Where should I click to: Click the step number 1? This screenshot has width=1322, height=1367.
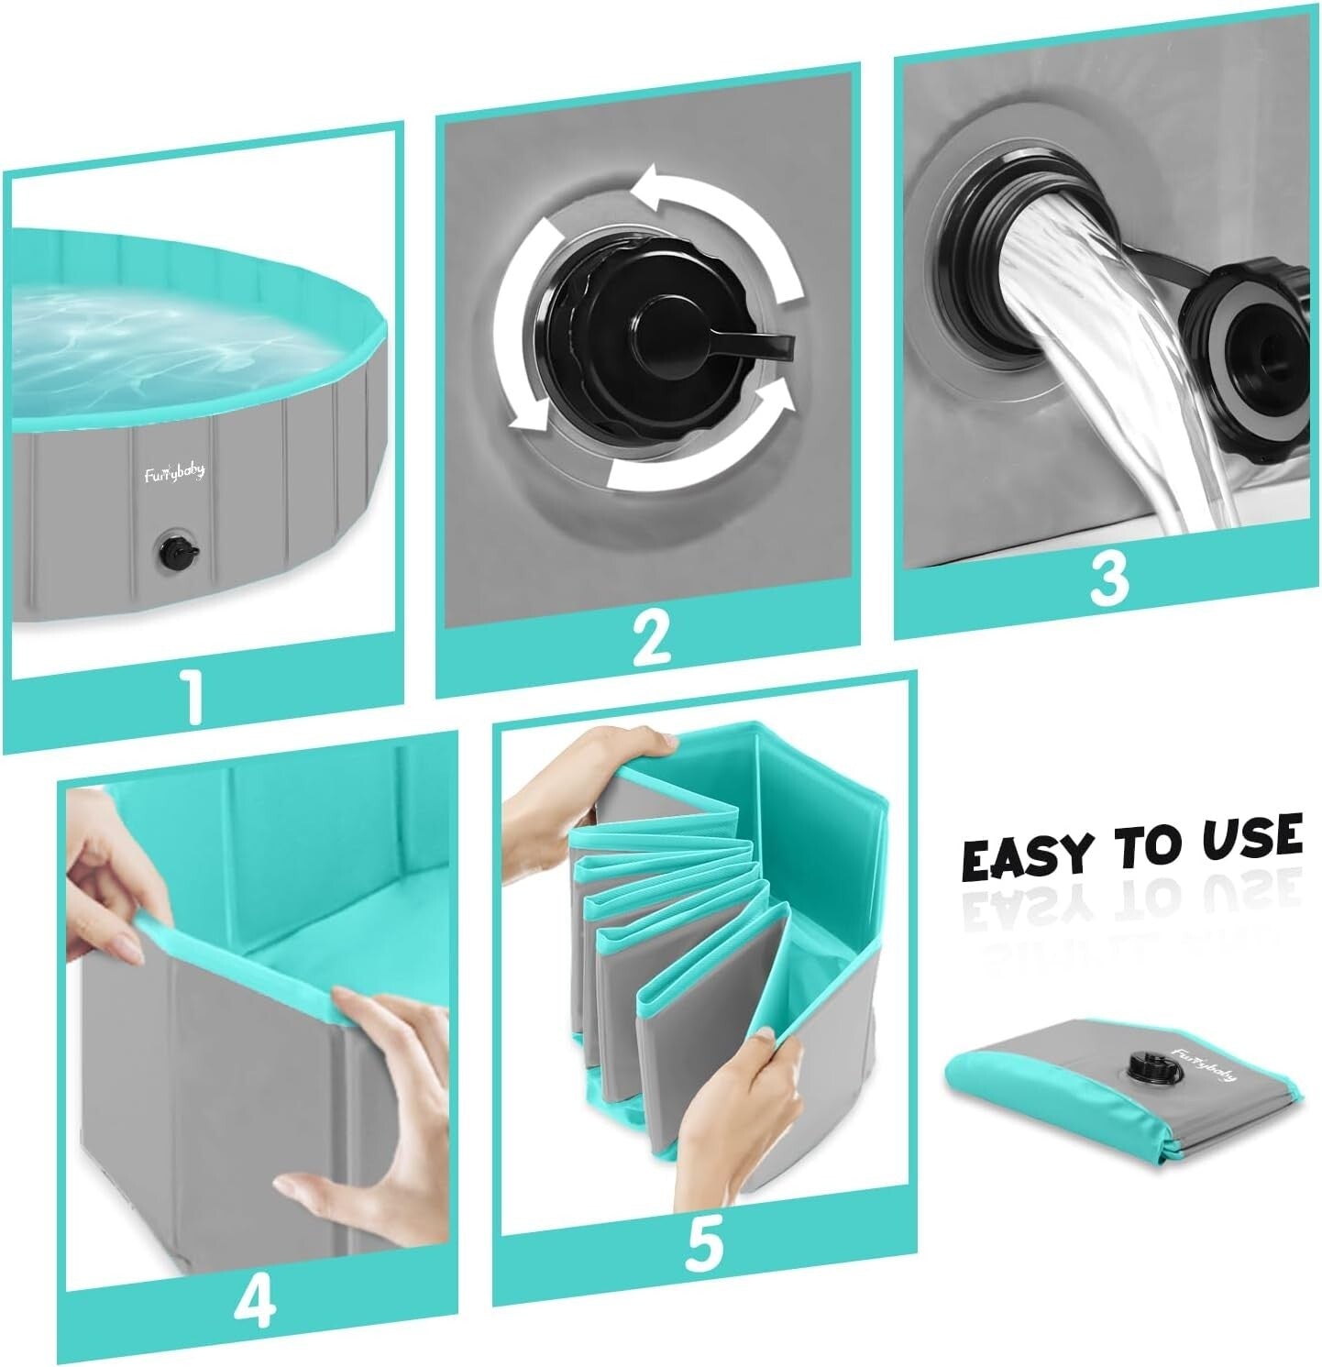pyautogui.click(x=193, y=700)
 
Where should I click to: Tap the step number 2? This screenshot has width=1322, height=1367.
pyautogui.click(x=652, y=638)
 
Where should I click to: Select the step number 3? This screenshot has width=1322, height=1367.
pyautogui.click(x=1108, y=579)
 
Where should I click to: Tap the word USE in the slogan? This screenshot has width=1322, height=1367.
pyautogui.click(x=1250, y=838)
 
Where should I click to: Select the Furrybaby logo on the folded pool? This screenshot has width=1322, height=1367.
pyautogui.click(x=1204, y=1064)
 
